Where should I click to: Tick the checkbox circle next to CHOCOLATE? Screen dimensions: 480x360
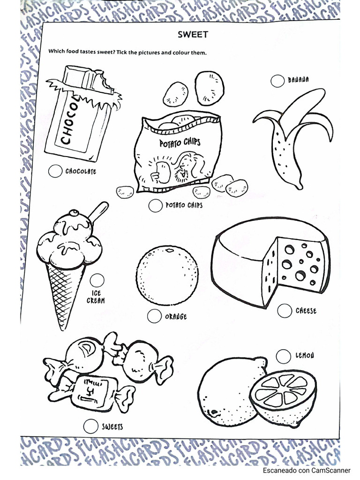coord(55,171)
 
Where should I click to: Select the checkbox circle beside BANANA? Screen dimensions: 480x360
coord(277,80)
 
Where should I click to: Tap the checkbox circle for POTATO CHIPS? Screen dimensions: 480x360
coord(155,205)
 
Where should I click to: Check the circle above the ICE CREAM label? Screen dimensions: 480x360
coord(97,280)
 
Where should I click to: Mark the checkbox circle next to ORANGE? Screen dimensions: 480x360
coord(154,316)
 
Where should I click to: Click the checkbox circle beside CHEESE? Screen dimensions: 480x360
coord(284,310)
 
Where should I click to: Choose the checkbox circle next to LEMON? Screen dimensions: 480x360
coord(283,356)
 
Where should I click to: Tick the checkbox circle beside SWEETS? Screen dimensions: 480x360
coord(90,426)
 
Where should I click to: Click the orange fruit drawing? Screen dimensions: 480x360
coord(167,275)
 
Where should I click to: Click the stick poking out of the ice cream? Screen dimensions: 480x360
coord(98,211)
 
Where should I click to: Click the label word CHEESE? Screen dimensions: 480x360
coord(306,311)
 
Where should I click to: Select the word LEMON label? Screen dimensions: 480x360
coord(305,356)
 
